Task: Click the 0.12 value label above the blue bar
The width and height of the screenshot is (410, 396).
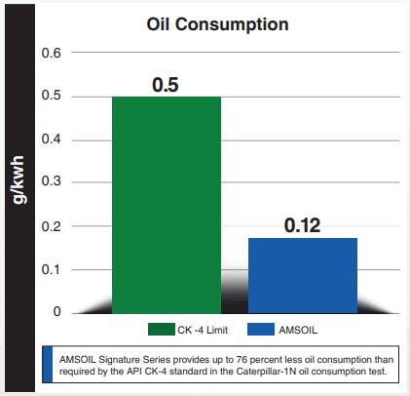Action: pyautogui.click(x=303, y=225)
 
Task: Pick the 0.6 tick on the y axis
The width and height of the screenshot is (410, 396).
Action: pyautogui.click(x=52, y=53)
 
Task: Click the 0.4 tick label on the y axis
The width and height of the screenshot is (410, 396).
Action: pyautogui.click(x=52, y=139)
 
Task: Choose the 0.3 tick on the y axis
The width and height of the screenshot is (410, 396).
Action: pyautogui.click(x=52, y=182)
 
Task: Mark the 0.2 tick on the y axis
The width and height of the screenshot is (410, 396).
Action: pyautogui.click(x=52, y=226)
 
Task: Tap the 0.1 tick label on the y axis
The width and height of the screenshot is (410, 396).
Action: pyautogui.click(x=52, y=269)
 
